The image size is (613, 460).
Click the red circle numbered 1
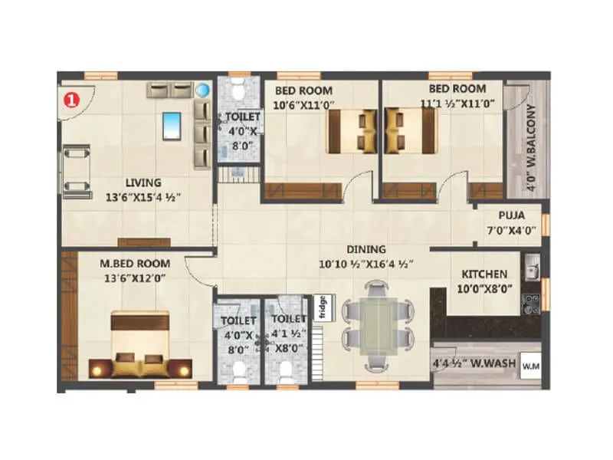coord(71,98)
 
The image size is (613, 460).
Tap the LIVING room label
coord(143,182)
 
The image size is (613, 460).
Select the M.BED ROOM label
coord(135,264)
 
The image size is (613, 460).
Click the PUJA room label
coord(511,216)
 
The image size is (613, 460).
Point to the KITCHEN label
coord(484,274)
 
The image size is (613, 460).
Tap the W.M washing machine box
coord(531,366)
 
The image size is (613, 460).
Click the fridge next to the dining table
coord(323,307)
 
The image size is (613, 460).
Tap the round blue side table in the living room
coord(202,90)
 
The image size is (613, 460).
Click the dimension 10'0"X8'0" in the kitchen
coord(484,289)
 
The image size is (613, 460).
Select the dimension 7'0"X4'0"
coord(511,230)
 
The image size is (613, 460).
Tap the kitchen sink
coord(531,268)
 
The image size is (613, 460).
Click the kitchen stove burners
coord(531,304)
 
